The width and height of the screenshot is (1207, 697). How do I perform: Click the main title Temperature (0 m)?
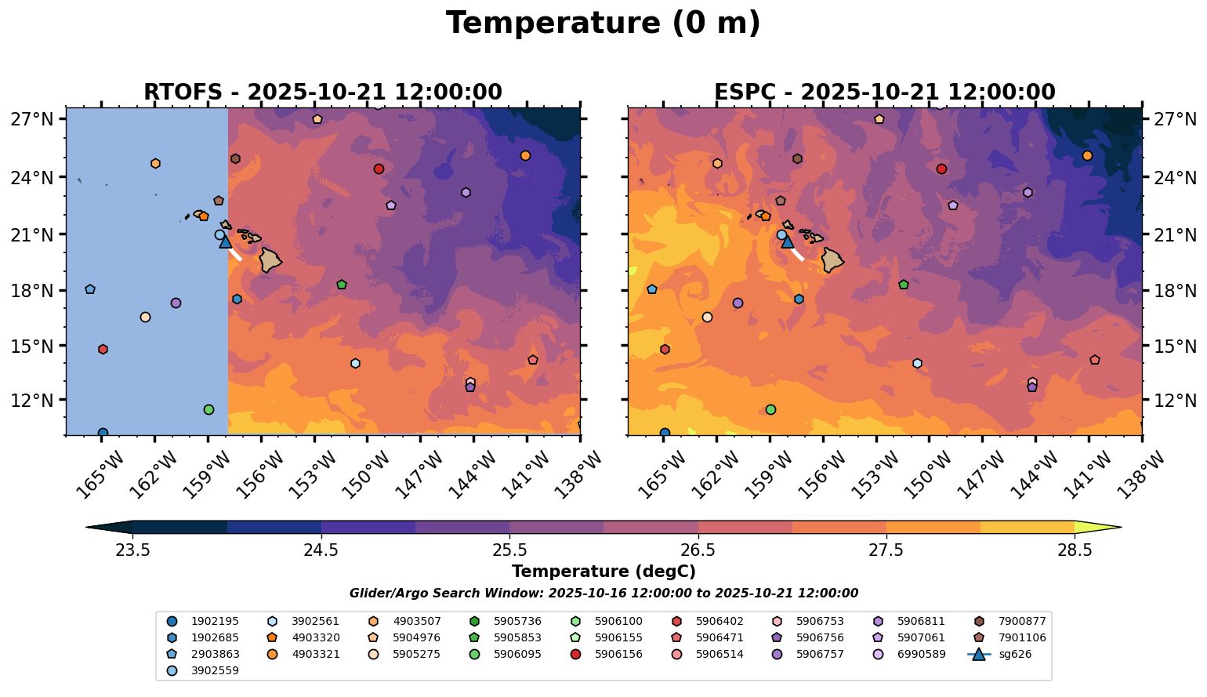(x=603, y=24)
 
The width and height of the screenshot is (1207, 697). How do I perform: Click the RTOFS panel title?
(x=322, y=93)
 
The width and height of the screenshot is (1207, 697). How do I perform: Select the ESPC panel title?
(x=884, y=93)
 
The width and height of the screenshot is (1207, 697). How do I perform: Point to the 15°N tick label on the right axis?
(x=1175, y=346)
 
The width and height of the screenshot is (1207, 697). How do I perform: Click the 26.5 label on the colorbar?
(x=698, y=550)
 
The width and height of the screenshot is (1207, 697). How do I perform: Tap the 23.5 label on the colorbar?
(x=132, y=550)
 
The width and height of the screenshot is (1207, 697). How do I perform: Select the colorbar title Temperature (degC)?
(x=603, y=572)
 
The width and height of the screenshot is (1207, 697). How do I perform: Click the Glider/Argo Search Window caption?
(x=603, y=594)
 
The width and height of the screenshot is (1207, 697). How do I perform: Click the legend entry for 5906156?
(x=618, y=654)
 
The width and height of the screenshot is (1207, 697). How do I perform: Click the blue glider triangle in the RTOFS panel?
(x=226, y=241)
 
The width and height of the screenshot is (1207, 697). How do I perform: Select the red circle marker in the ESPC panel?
(x=941, y=169)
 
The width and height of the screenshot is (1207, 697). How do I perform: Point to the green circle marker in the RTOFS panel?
(x=208, y=409)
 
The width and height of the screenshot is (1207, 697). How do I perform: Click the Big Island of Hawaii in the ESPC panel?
(x=832, y=260)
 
